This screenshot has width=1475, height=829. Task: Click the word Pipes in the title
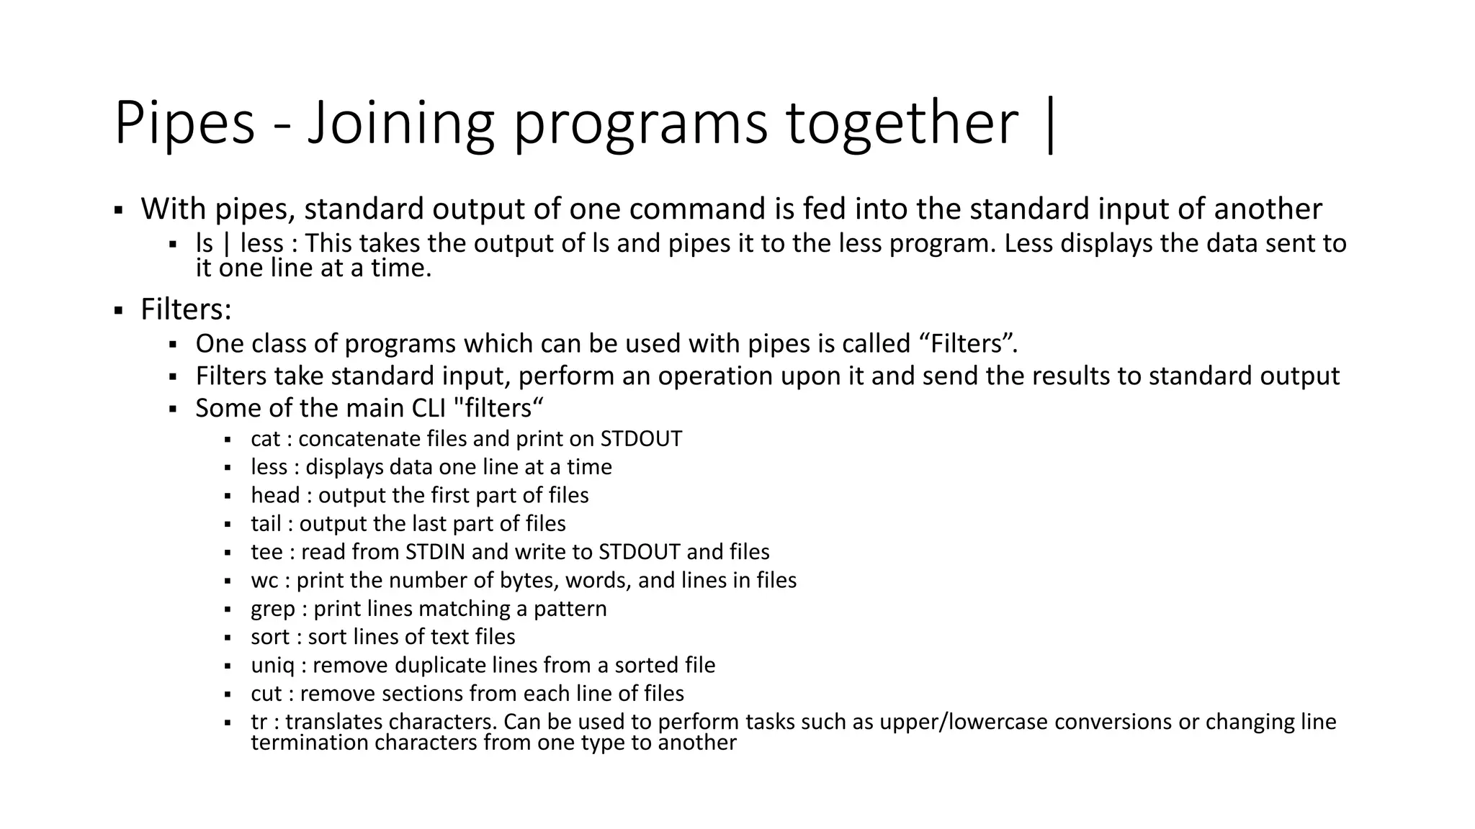[184, 124]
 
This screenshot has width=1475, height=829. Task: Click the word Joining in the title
[400, 124]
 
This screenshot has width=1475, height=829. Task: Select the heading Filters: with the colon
[186, 309]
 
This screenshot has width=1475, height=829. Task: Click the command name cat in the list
[265, 439]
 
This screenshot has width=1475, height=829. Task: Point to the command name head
[275, 495]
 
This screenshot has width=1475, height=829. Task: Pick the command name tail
[266, 523]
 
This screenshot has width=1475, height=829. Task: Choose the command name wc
[264, 581]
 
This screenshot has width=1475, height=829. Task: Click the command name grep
[273, 610]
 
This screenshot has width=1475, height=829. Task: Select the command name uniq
[272, 666]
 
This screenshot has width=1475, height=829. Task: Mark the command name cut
[266, 694]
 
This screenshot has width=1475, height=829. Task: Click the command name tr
[259, 722]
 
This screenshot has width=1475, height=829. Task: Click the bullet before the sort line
[227, 638]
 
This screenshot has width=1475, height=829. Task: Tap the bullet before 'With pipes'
[117, 211]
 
